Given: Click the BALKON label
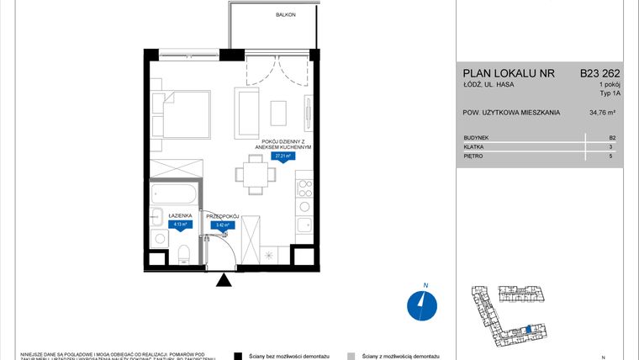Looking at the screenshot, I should point(285,15).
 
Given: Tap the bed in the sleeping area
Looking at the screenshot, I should point(182,114).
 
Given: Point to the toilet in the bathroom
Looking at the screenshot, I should point(183,251).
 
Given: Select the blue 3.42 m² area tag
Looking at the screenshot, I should point(224,225).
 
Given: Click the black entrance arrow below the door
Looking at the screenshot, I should point(223,281).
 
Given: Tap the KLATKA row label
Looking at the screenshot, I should point(474,146).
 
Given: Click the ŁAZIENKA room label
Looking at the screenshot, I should point(181,216).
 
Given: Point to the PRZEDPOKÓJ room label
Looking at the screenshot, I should point(224,216).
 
